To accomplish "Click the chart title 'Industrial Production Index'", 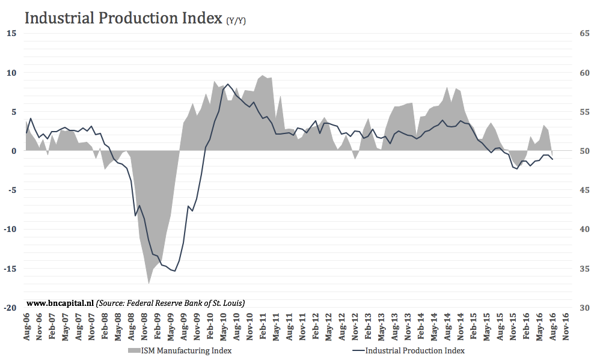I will click(x=123, y=18).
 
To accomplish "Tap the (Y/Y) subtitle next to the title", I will click(x=236, y=21).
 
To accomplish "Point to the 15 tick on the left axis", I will click(x=11, y=34).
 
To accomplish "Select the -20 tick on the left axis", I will click(x=10, y=308).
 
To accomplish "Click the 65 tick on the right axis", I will click(x=584, y=34).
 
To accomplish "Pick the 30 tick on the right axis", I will click(x=584, y=308).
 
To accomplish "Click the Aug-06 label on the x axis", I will click(x=26, y=328).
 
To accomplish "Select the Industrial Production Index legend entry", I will click(x=414, y=350).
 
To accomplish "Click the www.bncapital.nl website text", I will click(x=60, y=303).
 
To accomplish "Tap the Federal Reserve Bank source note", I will click(x=171, y=303).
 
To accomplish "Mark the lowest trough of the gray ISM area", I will click(x=148, y=283).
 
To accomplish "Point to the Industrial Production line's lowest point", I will click(x=174, y=271).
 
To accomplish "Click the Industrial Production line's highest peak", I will click(x=227, y=85).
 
